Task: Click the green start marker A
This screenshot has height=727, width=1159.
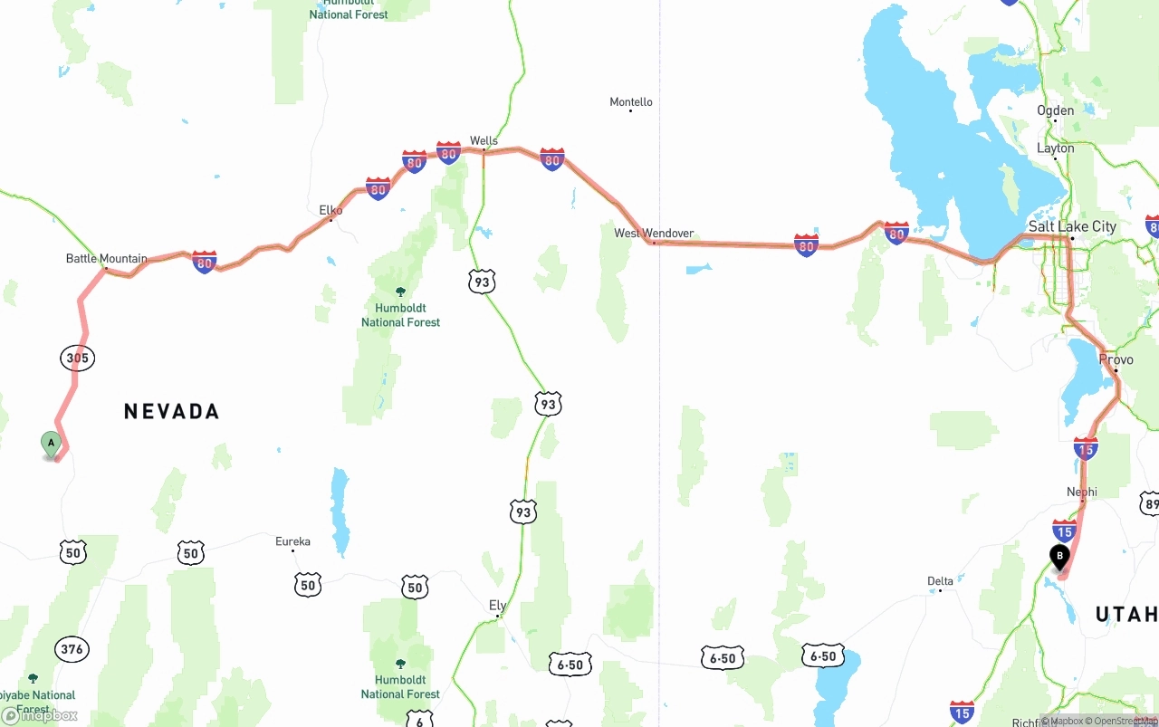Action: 52,444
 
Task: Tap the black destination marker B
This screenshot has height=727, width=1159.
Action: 1059,556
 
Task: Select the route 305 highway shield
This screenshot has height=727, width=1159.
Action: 78,359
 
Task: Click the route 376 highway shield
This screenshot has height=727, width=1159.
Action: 72,649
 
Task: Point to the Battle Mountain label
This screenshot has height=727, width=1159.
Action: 106,259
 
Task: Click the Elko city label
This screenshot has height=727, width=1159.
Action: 330,210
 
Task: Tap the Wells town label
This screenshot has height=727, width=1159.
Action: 484,141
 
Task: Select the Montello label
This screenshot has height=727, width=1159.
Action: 631,102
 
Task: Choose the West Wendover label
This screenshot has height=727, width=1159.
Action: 654,234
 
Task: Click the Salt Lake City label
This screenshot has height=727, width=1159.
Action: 1072,226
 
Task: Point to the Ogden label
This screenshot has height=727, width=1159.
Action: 1056,110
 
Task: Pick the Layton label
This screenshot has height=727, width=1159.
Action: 1056,148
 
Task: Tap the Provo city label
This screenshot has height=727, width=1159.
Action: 1116,359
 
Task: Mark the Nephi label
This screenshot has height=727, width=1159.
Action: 1082,493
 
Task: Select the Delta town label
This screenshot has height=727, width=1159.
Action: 940,581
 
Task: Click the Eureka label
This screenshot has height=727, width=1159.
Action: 292,542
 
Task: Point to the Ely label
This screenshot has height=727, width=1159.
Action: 497,606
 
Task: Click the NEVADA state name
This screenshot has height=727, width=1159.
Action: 172,412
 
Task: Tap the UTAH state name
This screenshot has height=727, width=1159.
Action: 1126,616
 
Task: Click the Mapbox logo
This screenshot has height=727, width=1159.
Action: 40,716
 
